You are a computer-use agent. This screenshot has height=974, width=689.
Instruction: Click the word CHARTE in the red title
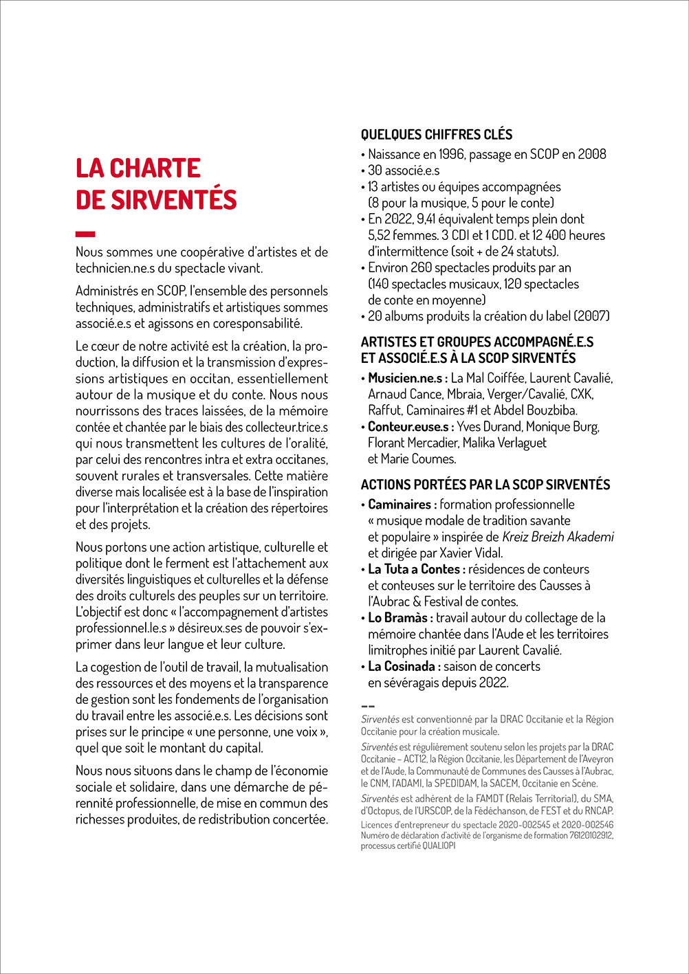[x=155, y=168]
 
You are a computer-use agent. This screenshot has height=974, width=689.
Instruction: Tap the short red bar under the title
[x=85, y=234]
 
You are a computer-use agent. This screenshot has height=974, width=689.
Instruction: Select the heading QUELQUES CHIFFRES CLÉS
[x=437, y=135]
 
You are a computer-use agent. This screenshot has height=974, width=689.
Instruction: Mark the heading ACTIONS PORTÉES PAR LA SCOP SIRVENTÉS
[x=485, y=485]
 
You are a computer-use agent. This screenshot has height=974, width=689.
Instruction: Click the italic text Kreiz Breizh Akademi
[x=558, y=537]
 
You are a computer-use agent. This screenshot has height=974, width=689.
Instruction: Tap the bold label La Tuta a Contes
[x=416, y=569]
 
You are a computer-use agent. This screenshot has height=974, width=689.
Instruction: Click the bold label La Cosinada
[x=404, y=666]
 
